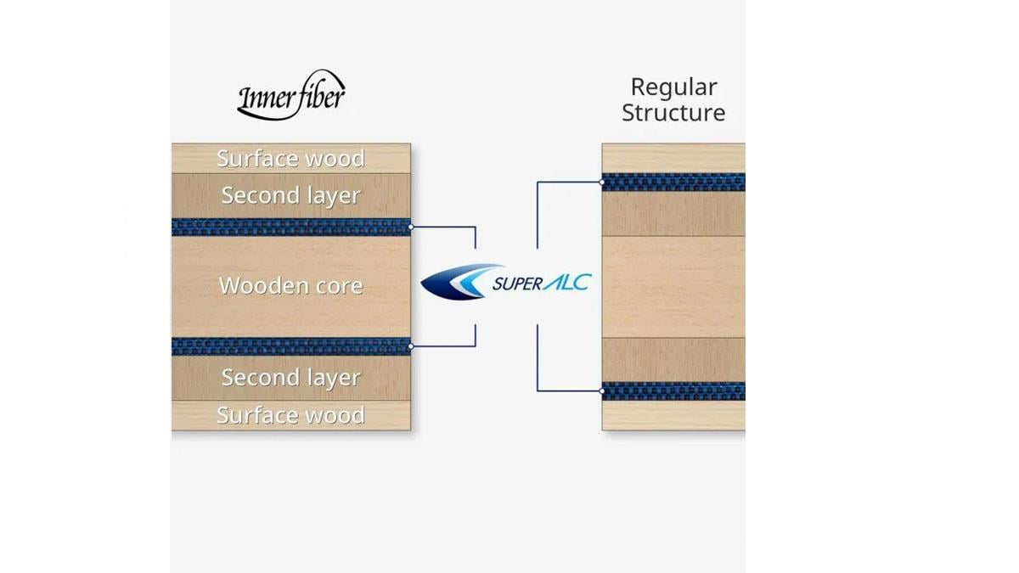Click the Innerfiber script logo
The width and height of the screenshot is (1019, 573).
290,95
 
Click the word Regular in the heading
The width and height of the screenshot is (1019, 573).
673,87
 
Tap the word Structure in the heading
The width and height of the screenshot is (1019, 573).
673,113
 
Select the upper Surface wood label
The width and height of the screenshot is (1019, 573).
290,159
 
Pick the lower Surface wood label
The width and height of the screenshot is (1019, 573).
290,415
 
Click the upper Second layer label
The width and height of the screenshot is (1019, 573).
290,196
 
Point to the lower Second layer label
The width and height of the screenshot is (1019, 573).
290,378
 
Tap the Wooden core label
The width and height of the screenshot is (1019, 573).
290,286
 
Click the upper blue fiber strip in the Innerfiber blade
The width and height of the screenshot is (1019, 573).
290,227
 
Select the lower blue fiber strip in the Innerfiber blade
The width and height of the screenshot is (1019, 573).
290,345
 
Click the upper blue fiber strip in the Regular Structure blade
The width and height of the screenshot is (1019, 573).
673,182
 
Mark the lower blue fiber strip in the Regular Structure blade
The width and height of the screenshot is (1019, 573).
673,390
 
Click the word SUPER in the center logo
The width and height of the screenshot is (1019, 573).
516,284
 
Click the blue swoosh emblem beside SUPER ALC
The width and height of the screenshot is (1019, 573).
454,283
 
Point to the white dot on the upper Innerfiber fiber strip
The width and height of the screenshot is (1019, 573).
411,227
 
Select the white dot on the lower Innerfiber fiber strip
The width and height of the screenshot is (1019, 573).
411,345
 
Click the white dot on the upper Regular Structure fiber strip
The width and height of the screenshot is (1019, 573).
602,182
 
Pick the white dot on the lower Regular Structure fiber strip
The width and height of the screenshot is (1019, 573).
602,390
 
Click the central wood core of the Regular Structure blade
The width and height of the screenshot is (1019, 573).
673,286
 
